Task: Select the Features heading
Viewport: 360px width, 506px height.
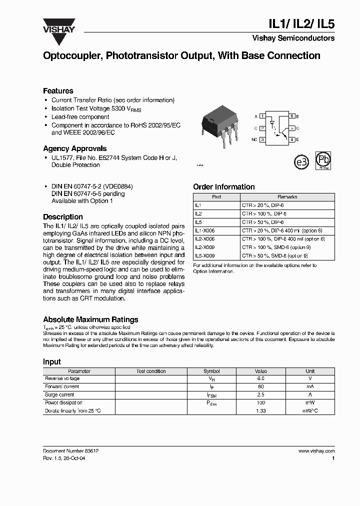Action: click(58, 91)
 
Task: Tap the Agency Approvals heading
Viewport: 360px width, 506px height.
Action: click(74, 148)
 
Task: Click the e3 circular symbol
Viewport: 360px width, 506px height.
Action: click(300, 162)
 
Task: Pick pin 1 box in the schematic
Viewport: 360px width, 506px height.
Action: click(262, 116)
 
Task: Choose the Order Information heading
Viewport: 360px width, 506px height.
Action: click(223, 187)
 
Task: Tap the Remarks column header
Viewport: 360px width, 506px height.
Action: click(287, 197)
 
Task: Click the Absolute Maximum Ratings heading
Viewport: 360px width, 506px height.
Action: click(90, 319)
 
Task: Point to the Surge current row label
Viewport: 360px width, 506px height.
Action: click(60, 394)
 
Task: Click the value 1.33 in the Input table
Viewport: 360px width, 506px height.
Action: click(260, 410)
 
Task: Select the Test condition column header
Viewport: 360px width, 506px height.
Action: click(151, 371)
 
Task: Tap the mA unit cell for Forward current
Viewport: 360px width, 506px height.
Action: click(310, 386)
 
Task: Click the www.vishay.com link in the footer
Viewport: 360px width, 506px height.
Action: click(316, 451)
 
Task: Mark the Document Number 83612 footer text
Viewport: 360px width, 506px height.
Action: click(70, 451)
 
